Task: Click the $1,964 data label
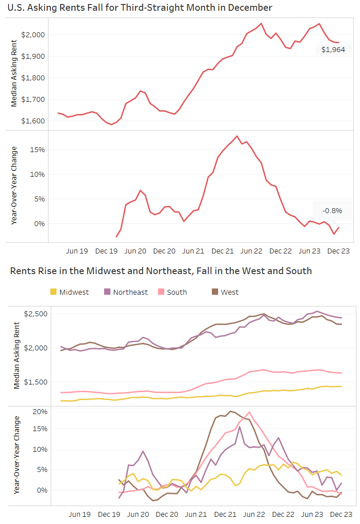pos(333,50)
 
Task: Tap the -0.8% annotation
pos(332,210)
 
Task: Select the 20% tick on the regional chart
pos(40,411)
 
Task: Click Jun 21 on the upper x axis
pos(193,251)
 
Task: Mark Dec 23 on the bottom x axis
pos(339,514)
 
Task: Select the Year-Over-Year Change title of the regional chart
pos(17,454)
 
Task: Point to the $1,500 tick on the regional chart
pos(35,382)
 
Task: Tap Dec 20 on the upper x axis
pos(164,251)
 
